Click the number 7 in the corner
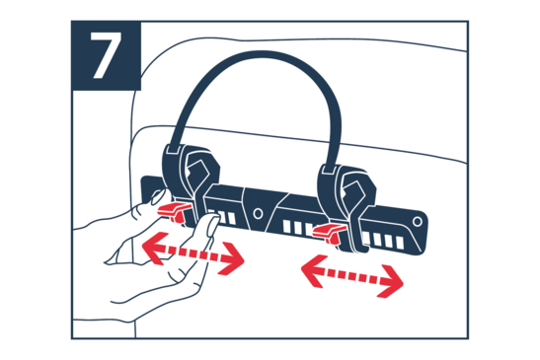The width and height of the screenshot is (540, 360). [x=106, y=56]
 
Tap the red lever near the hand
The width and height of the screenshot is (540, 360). [x=174, y=211]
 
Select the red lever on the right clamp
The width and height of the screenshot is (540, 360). [x=329, y=233]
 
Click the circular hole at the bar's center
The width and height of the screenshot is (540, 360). [x=258, y=213]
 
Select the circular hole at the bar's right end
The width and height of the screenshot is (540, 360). [x=418, y=221]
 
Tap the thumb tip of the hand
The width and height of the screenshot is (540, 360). [x=212, y=225]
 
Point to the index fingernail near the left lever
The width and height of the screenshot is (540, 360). [x=158, y=197]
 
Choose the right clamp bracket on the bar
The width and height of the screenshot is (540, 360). [x=347, y=206]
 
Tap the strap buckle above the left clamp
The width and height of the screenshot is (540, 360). [x=173, y=149]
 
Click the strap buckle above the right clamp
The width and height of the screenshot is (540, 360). [x=328, y=170]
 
